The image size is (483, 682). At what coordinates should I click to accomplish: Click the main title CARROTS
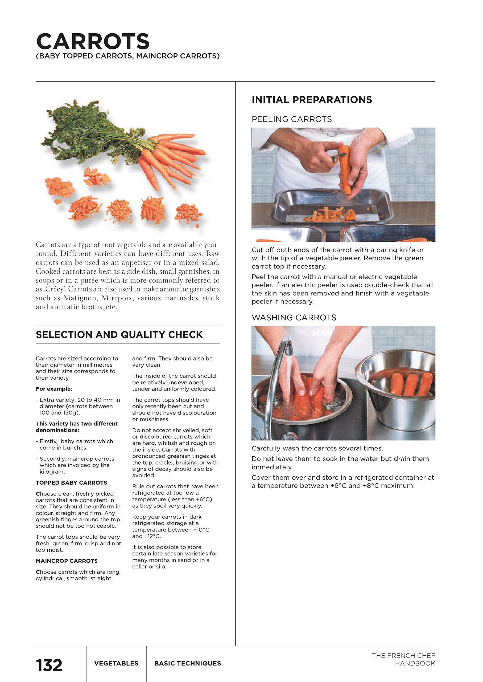(x=93, y=42)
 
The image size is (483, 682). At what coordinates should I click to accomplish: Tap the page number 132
(x=49, y=665)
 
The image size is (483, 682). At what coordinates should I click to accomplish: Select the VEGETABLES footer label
(x=116, y=664)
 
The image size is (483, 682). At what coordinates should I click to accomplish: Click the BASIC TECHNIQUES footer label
(x=188, y=664)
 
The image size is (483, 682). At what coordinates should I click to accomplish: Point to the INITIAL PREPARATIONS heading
(x=312, y=100)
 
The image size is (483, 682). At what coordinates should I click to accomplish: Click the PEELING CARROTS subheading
(x=291, y=119)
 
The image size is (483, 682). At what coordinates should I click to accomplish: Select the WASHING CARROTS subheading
(x=294, y=318)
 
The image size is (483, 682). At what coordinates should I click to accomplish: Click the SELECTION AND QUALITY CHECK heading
(x=119, y=335)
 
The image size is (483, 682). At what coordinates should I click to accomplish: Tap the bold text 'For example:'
(x=54, y=389)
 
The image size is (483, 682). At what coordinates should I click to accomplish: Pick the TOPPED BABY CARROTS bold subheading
(x=71, y=482)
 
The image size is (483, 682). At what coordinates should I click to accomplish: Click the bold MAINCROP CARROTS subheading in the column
(x=67, y=561)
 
